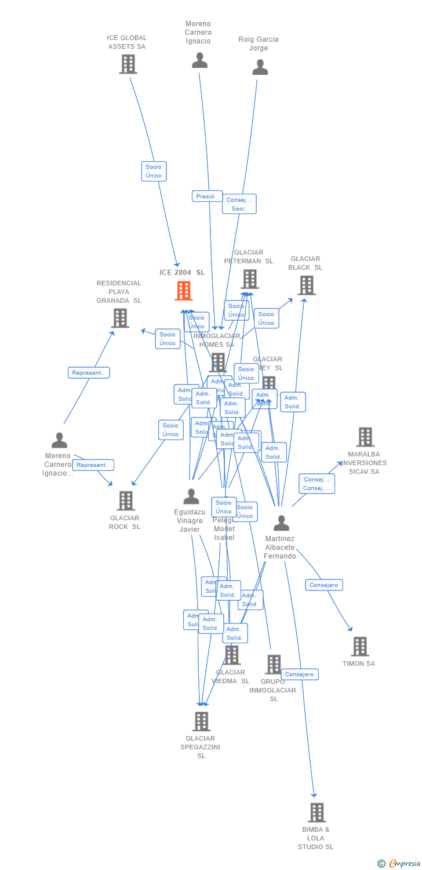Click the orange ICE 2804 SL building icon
click(184, 291)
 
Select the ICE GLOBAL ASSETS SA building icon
click(128, 64)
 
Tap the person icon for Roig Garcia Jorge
click(260, 67)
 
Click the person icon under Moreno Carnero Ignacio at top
click(199, 60)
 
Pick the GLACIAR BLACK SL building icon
click(306, 285)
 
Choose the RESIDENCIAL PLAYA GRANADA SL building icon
click(119, 318)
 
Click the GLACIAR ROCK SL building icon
click(125, 501)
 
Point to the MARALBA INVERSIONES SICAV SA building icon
click(365, 437)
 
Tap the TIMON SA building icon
click(359, 646)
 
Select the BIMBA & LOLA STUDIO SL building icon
click(316, 813)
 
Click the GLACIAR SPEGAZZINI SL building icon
click(201, 721)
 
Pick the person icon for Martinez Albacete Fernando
click(281, 523)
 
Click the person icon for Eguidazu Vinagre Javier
click(191, 496)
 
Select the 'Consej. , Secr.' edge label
click(239, 204)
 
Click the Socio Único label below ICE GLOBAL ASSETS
click(154, 171)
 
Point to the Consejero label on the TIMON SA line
click(324, 585)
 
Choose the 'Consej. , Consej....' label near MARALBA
click(316, 484)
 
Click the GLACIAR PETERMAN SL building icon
click(249, 279)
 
